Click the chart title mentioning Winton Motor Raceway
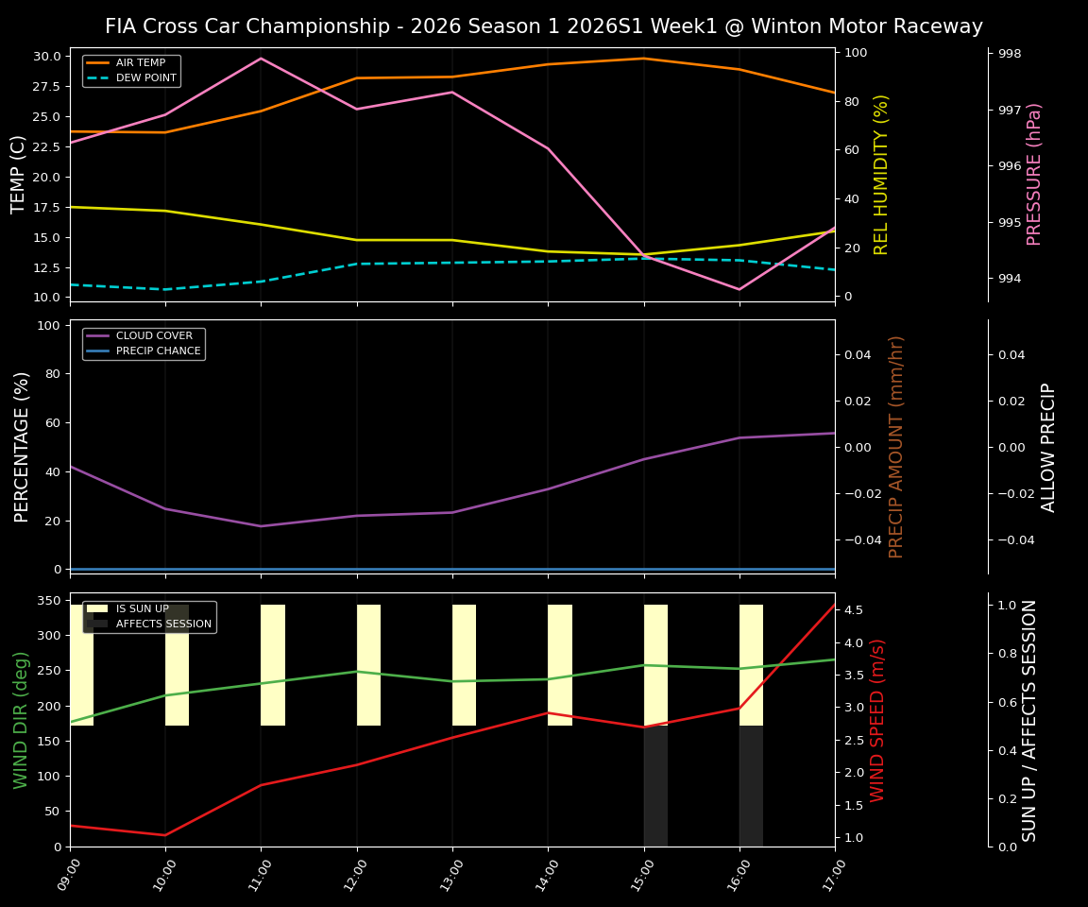point(543,26)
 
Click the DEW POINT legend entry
point(145,77)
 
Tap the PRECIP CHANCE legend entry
point(158,351)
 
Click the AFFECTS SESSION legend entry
point(163,625)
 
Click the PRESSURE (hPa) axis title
point(1035,174)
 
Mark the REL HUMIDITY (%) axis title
point(882,174)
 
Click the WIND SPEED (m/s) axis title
point(878,720)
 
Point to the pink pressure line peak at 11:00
point(262,59)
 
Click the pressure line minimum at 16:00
point(739,289)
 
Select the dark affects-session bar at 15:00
point(655,786)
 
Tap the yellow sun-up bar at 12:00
point(368,665)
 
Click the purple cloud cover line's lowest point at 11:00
point(262,526)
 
